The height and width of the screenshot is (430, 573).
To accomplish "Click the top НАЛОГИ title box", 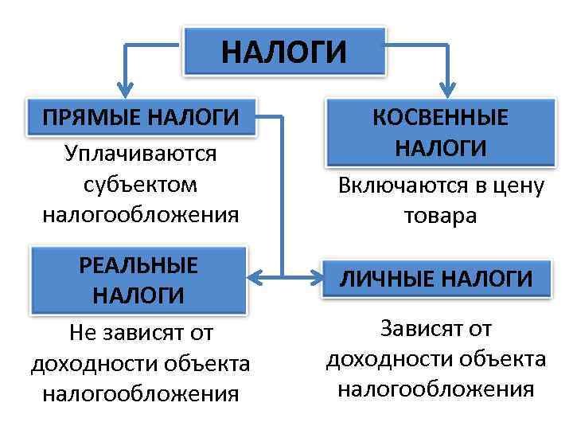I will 284,53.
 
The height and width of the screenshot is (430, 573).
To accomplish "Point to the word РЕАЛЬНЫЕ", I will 138,264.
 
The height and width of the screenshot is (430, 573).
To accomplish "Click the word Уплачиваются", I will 140,152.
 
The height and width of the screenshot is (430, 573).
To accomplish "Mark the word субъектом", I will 140,183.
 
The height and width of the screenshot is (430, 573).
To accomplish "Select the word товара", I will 440,217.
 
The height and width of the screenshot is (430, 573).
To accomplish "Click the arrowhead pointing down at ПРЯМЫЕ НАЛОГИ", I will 123,88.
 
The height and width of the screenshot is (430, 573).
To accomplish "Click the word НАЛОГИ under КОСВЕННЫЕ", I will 440,148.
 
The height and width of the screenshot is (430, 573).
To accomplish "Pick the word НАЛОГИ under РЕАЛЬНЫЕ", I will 138,295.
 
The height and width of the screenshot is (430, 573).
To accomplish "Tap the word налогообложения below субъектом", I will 140,215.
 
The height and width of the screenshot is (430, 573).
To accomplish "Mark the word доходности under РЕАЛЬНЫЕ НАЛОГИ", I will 93,363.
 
